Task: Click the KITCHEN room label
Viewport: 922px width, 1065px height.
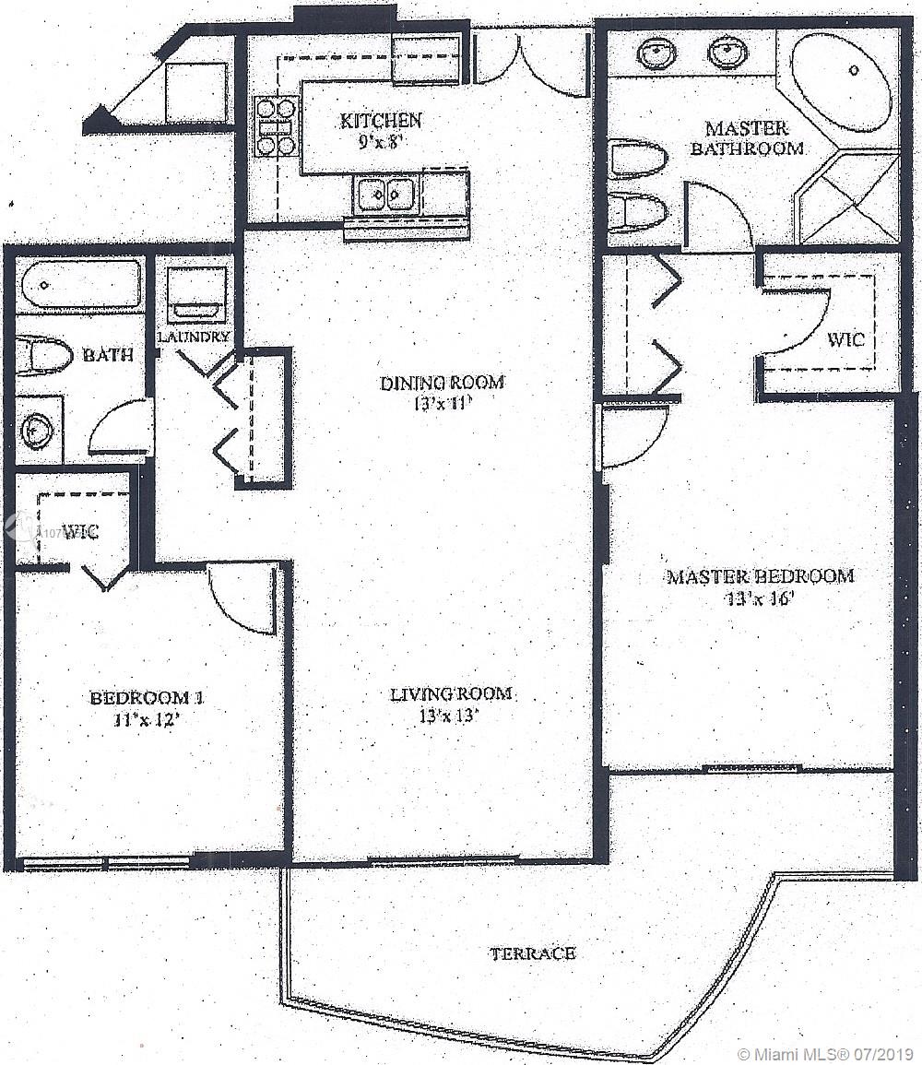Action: [x=381, y=120]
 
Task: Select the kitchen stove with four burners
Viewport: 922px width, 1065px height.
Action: [x=276, y=126]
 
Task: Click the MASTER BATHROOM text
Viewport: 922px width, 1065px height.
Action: [x=747, y=137]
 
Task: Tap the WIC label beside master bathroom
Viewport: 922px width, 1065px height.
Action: [x=845, y=339]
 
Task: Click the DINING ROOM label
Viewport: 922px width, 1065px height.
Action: [x=443, y=382]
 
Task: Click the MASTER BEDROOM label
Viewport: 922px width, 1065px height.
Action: [x=761, y=576]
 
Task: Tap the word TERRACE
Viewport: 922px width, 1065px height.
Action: [x=533, y=953]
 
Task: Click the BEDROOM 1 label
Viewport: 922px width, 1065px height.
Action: [x=146, y=697]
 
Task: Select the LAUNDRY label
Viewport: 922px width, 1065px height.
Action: [x=193, y=337]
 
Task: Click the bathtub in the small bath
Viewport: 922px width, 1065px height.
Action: [x=83, y=284]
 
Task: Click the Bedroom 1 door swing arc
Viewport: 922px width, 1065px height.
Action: [x=242, y=599]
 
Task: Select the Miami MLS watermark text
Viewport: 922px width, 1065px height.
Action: [x=825, y=1053]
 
